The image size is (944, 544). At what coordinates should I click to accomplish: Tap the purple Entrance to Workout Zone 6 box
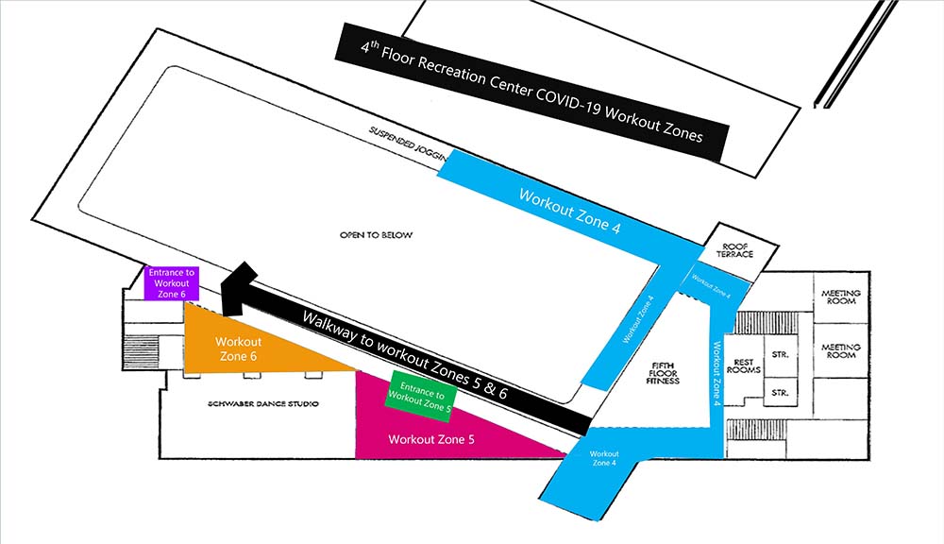click(172, 283)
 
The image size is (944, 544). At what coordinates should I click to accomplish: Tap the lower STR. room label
click(780, 392)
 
